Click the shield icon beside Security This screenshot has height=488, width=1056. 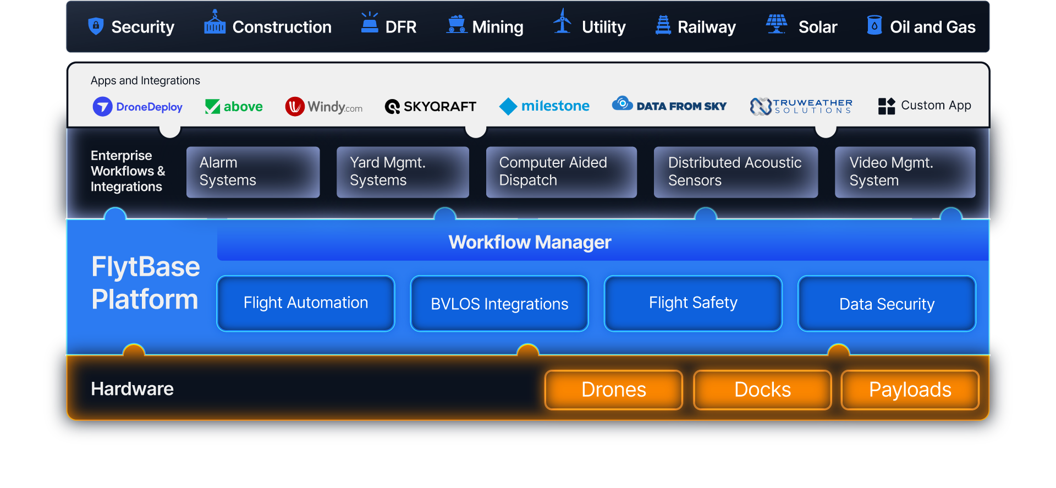[96, 26]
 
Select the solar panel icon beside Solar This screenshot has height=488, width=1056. [777, 24]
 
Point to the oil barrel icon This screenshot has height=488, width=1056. [874, 25]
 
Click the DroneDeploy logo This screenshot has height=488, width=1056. [137, 106]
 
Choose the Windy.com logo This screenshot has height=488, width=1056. [324, 106]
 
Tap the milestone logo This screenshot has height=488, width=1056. [544, 106]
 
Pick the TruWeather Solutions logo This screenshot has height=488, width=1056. [801, 106]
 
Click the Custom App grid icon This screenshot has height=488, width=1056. [887, 106]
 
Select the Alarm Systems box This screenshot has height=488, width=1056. [253, 172]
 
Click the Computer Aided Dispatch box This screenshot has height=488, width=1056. [562, 172]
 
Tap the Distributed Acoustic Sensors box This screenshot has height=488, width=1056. [736, 172]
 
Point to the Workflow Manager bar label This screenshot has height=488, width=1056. [530, 242]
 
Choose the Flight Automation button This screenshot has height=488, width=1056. [306, 303]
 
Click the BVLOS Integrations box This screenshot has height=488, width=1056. [499, 303]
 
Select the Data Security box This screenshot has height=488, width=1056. [887, 303]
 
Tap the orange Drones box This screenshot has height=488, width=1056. [614, 390]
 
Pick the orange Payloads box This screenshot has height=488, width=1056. [910, 390]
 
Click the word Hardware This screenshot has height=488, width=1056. [132, 389]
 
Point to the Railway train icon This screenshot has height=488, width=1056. [663, 25]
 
